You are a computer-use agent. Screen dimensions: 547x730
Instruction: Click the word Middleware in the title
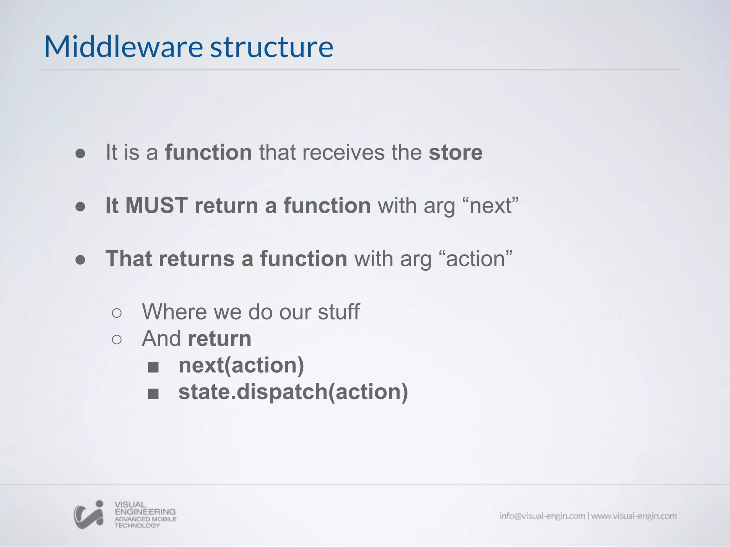123,47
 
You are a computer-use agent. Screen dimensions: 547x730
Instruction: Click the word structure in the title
272,47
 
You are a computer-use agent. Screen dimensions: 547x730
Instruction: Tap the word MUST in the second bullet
156,205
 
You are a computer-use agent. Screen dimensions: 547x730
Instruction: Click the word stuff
338,312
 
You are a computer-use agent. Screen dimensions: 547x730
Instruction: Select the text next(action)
241,365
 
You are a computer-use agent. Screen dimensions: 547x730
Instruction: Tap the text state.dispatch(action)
293,392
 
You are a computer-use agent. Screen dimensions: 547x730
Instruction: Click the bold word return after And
220,338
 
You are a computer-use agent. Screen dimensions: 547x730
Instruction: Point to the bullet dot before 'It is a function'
81,153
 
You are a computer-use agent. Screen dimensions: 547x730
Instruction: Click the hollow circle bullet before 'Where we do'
117,313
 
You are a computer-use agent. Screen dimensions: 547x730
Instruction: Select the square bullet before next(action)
153,367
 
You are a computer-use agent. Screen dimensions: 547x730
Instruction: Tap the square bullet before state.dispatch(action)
153,394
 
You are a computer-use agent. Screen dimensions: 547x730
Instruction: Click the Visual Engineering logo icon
89,515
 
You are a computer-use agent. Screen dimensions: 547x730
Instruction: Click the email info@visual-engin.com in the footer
542,516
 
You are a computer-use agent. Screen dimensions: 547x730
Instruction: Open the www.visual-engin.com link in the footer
634,516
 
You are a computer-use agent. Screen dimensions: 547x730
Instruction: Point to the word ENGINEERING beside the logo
145,512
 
